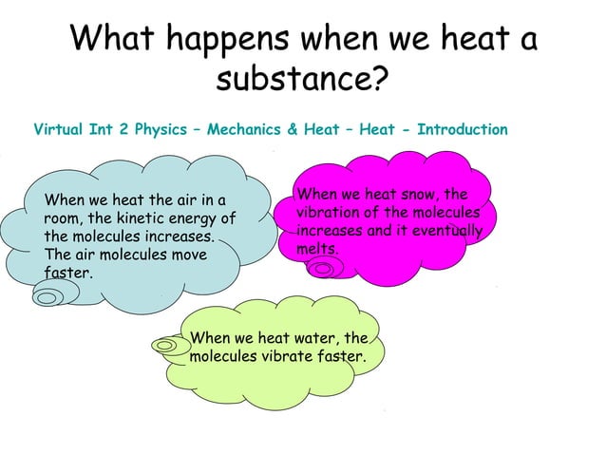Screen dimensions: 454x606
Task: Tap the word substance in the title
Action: [294, 81]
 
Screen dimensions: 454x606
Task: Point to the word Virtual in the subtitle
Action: [59, 129]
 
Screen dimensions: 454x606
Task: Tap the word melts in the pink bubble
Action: [317, 248]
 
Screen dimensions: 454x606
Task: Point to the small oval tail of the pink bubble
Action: [324, 270]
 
